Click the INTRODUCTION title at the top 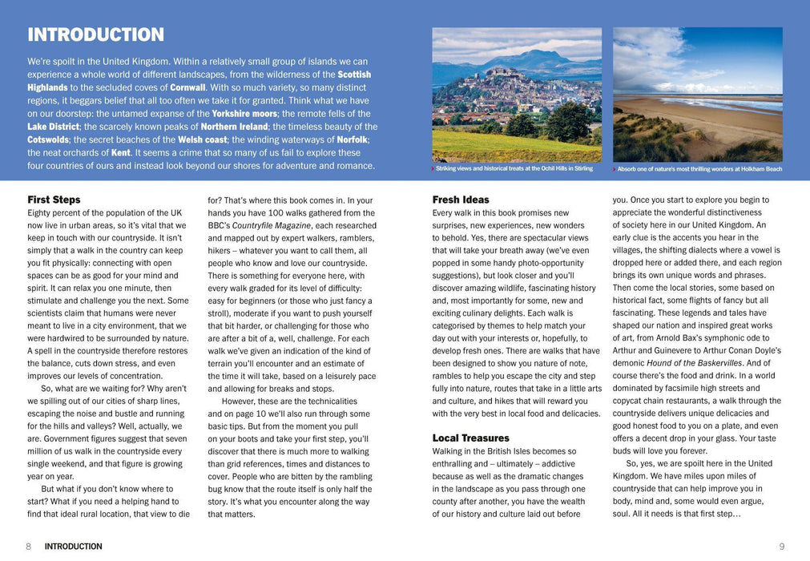pyautogui.click(x=95, y=35)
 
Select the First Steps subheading pyautogui.click(x=54, y=200)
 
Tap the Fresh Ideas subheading pyautogui.click(x=460, y=200)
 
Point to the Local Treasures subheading pyautogui.click(x=470, y=438)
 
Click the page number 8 pyautogui.click(x=28, y=547)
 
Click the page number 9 pyautogui.click(x=781, y=547)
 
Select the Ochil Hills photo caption pyautogui.click(x=514, y=169)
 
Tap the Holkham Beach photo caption pyautogui.click(x=699, y=169)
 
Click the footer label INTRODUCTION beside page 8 pyautogui.click(x=73, y=547)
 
